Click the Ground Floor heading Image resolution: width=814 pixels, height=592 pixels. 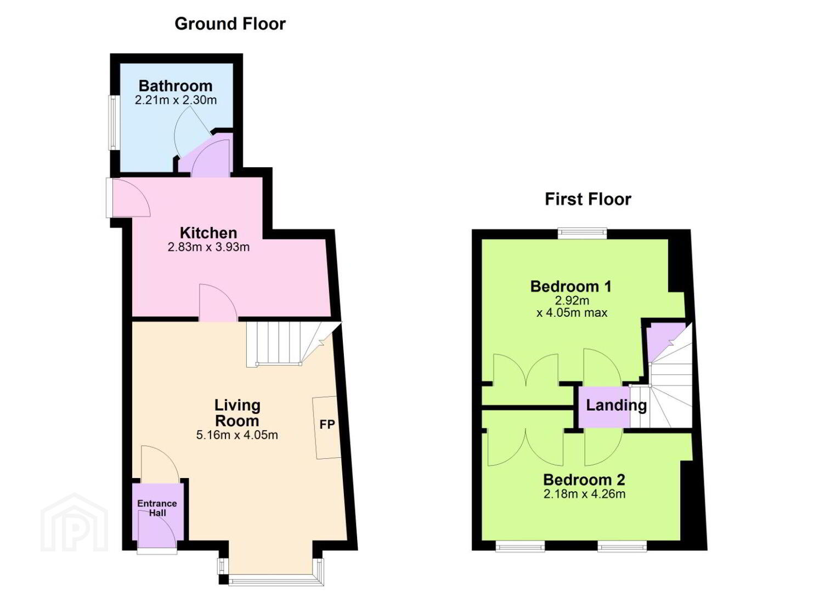pyautogui.click(x=230, y=24)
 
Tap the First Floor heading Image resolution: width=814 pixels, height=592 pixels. pyautogui.click(x=588, y=200)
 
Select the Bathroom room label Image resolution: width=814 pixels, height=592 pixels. pyautogui.click(x=176, y=86)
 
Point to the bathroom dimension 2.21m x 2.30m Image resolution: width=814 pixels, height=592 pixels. pyautogui.click(x=176, y=100)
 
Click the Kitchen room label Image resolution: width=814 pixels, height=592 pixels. pyautogui.click(x=208, y=233)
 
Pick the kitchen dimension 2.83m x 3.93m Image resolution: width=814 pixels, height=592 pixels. pyautogui.click(x=208, y=247)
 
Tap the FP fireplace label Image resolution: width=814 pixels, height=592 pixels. pyautogui.click(x=327, y=424)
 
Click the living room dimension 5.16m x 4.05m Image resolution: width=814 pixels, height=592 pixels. pyautogui.click(x=237, y=435)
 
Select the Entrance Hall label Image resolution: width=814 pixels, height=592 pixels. pyautogui.click(x=157, y=508)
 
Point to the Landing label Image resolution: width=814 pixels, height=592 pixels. pyautogui.click(x=617, y=405)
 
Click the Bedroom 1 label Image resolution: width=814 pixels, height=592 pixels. pyautogui.click(x=571, y=287)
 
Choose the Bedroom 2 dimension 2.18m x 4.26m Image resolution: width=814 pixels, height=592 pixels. pyautogui.click(x=584, y=494)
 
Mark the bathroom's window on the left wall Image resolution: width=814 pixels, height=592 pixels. pyautogui.click(x=114, y=123)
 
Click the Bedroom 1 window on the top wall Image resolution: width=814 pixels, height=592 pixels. pyautogui.click(x=583, y=233)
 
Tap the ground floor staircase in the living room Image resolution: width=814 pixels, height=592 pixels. pyautogui.click(x=289, y=344)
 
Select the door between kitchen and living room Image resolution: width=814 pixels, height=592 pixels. pyautogui.click(x=218, y=303)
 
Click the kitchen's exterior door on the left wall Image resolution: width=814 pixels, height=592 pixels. pyautogui.click(x=128, y=197)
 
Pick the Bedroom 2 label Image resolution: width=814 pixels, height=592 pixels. pyautogui.click(x=584, y=480)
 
